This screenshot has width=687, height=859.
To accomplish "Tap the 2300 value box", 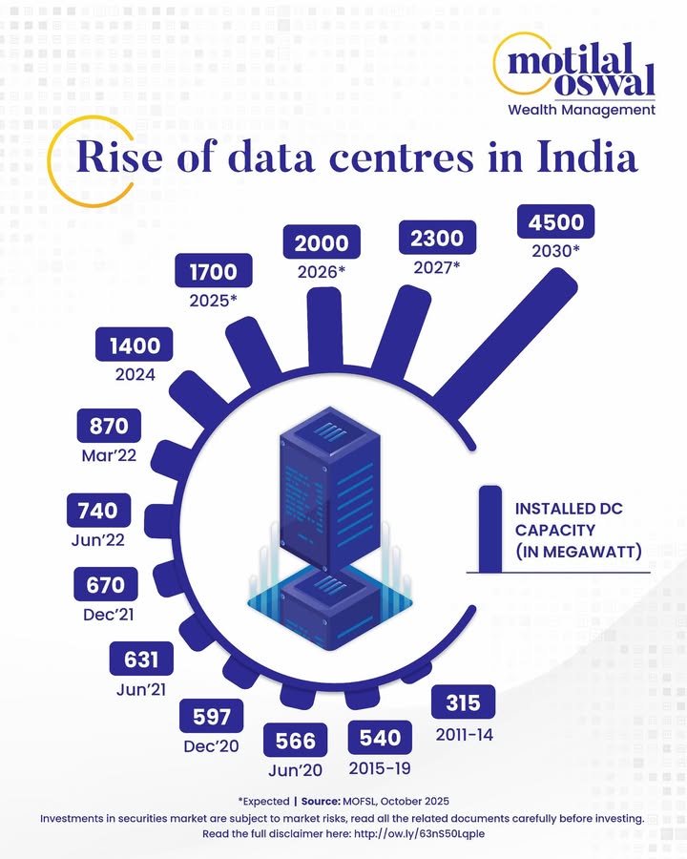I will coord(437,238).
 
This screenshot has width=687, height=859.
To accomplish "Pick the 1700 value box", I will coord(213,274).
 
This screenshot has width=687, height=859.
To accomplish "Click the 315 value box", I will coord(464,702).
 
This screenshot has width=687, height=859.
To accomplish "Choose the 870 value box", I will coord(109,425).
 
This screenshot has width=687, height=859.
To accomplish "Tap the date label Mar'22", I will coord(109,455).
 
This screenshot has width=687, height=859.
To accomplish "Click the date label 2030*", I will coord(555,250).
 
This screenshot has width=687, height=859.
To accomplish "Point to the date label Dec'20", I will coord(212,746).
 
